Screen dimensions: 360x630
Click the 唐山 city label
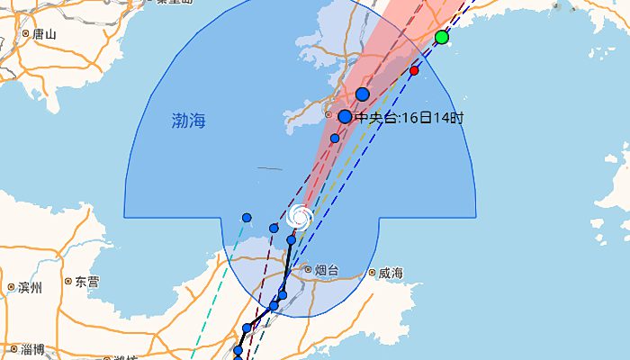(43, 34)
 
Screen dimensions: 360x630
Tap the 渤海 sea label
(188, 121)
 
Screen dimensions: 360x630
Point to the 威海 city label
(390, 273)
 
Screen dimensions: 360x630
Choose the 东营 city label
(87, 282)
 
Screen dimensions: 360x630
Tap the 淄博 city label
(33, 349)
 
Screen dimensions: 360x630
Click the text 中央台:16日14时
(409, 117)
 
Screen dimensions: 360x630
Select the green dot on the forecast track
(441, 37)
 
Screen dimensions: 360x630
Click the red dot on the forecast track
(414, 70)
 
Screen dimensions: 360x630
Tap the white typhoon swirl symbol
(301, 216)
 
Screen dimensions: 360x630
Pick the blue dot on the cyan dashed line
(247, 218)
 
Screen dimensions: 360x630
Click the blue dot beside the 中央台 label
(345, 116)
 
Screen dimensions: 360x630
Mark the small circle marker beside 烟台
(308, 269)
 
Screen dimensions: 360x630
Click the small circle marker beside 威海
(372, 273)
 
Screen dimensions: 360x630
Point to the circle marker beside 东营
(68, 282)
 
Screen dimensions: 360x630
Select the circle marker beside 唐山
(26, 34)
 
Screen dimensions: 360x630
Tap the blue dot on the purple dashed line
(274, 228)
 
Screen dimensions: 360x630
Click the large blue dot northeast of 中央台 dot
(363, 94)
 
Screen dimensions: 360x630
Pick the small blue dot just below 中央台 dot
(335, 139)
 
